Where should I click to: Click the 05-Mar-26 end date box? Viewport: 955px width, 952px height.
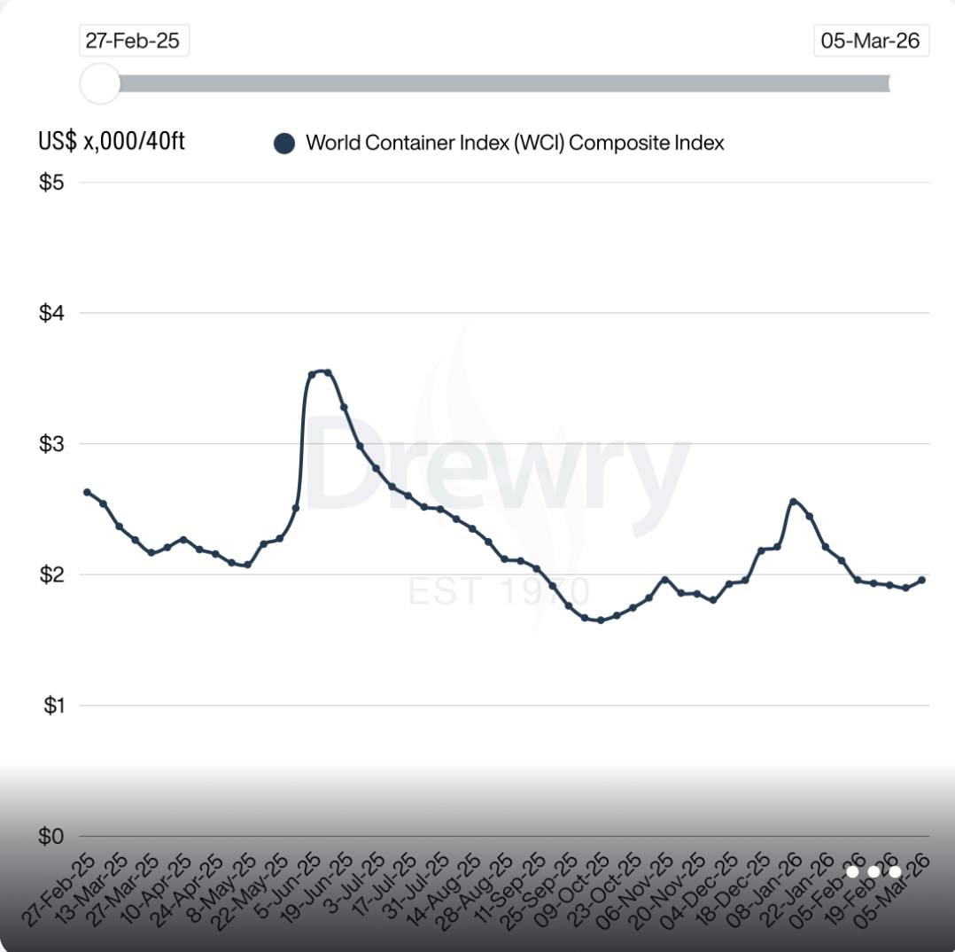(x=870, y=41)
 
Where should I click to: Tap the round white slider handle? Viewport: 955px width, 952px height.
(x=99, y=83)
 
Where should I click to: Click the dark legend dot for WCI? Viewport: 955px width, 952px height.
(x=283, y=144)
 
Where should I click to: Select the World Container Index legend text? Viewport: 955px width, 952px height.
(x=515, y=143)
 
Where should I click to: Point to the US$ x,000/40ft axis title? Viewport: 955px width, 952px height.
(x=112, y=141)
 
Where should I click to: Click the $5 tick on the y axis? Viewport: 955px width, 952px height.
(x=51, y=183)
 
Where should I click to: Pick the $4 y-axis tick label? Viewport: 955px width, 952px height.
(x=51, y=313)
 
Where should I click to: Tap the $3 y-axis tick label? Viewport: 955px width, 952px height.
(x=51, y=443)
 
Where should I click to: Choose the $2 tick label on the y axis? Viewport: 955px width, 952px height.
(x=51, y=574)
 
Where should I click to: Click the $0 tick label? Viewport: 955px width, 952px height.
(x=51, y=836)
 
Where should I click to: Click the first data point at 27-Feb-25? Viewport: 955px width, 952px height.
(x=87, y=492)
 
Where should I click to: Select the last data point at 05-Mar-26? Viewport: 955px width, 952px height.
(x=921, y=580)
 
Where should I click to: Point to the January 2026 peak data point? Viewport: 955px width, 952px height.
(x=793, y=502)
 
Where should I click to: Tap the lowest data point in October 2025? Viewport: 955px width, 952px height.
(x=601, y=620)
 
